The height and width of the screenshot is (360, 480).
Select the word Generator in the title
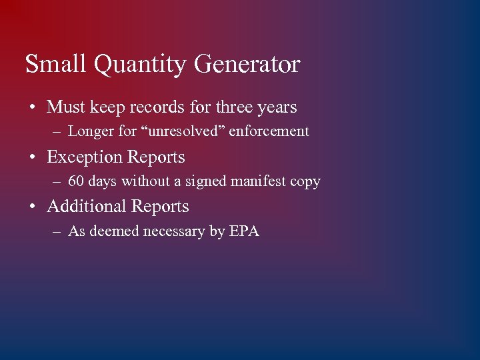click(247, 65)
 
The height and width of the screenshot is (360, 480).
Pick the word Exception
click(85, 157)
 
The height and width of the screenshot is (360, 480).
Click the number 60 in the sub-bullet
click(76, 181)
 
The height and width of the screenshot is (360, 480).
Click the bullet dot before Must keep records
click(32, 107)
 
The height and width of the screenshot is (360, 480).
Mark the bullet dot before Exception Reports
click(32, 158)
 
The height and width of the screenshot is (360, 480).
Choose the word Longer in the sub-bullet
click(91, 132)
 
